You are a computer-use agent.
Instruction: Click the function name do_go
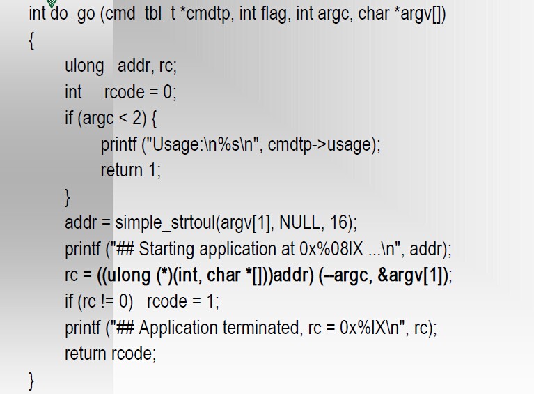72,15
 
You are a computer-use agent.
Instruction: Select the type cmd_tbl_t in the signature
143,15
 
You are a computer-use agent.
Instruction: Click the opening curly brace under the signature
32,41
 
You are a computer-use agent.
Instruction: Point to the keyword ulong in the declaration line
84,66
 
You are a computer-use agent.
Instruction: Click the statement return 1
130,170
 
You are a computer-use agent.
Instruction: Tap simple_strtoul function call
165,223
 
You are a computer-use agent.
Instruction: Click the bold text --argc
346,275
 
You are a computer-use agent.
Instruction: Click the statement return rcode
110,354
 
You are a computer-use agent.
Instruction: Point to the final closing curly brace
32,379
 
